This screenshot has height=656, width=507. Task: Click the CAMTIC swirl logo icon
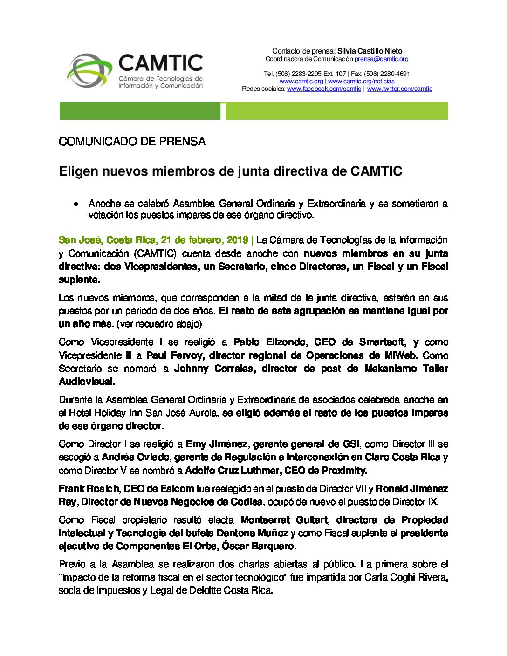click(x=90, y=71)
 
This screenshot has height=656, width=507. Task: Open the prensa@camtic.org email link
click(x=381, y=59)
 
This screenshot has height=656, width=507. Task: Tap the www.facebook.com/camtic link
click(x=324, y=89)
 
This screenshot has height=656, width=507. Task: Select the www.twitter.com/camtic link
click(x=399, y=89)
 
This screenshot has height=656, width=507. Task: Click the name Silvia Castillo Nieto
click(x=370, y=51)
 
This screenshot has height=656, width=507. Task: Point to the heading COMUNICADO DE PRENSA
click(x=132, y=142)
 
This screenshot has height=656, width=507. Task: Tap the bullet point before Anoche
click(x=75, y=204)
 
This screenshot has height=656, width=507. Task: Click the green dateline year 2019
click(x=237, y=240)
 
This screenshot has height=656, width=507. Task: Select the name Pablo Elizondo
click(x=270, y=342)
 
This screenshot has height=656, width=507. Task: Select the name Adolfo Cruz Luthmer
click(x=232, y=470)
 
